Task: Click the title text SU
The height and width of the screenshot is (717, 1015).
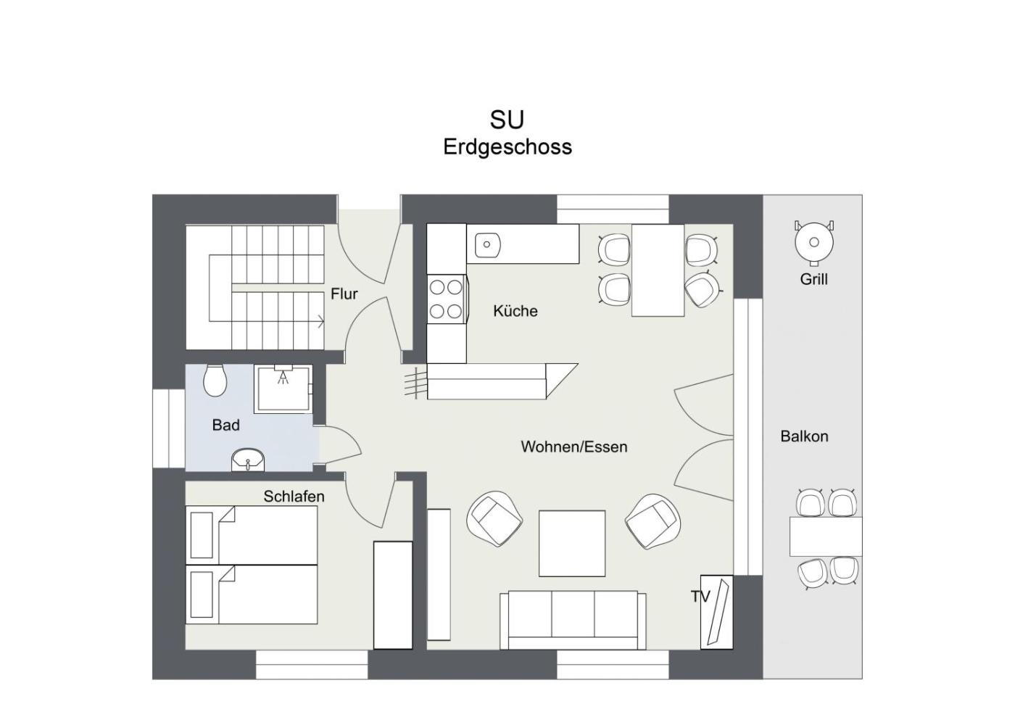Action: coord(507,120)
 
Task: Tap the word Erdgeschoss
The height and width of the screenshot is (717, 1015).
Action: coord(507,147)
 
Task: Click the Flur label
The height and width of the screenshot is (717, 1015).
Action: coord(344,294)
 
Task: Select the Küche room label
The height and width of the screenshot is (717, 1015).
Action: coord(515,311)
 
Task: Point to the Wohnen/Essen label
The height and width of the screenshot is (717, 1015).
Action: coord(574,447)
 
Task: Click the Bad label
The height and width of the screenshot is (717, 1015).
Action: coord(225,425)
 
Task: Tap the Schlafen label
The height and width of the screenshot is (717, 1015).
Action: coord(294,497)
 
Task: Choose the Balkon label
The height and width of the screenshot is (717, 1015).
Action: coord(804,436)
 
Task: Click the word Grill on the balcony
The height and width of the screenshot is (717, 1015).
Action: coord(813,279)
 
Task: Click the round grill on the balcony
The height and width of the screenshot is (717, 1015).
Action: coord(814,242)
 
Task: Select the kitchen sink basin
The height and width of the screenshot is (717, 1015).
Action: coord(487,245)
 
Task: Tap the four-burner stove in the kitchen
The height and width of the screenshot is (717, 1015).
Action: coord(447,299)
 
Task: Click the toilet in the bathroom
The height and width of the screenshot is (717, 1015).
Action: coord(215,381)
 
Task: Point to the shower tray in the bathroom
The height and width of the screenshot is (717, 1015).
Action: coord(283,389)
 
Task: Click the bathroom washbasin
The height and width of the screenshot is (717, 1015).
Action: coord(248,460)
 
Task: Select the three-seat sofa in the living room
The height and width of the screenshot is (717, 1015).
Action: coord(573,620)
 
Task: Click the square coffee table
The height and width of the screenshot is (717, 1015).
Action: coord(572,544)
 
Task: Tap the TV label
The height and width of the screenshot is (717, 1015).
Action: coord(700,597)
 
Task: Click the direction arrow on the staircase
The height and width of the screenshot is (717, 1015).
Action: coord(320,321)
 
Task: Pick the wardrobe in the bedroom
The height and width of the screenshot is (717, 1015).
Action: coord(393,595)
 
